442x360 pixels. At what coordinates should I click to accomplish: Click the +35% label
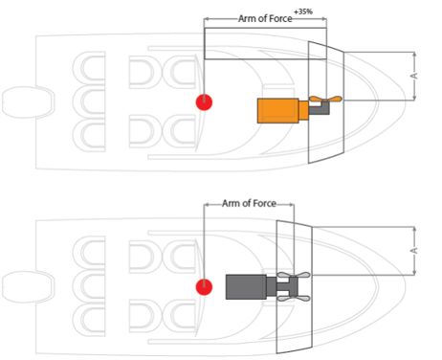[303, 11]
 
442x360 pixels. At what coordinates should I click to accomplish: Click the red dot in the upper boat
[204, 102]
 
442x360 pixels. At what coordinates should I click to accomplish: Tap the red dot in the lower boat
[204, 287]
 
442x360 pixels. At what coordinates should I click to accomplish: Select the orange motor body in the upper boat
[277, 111]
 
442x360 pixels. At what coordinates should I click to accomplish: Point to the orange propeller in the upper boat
[325, 99]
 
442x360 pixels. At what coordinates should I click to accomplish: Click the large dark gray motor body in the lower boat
[246, 286]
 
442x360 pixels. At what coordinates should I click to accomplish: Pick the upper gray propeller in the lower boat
[294, 275]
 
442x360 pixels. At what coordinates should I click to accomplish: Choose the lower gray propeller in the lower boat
[294, 299]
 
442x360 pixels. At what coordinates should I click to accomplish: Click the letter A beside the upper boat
[413, 76]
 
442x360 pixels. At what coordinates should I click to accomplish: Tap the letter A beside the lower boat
[413, 251]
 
